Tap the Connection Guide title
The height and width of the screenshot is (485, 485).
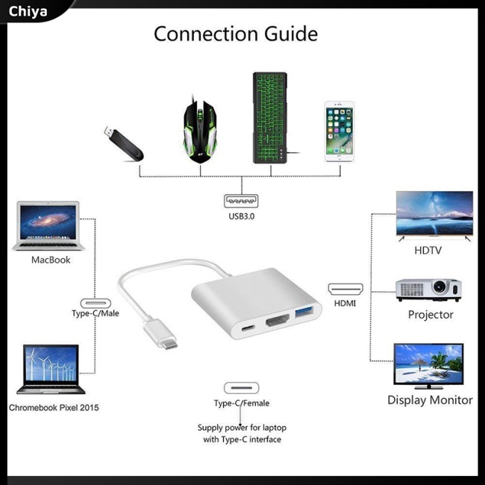[236, 34]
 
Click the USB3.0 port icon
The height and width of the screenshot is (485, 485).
[241, 202]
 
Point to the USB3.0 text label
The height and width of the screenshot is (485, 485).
[241, 218]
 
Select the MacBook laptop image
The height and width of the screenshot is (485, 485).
[46, 226]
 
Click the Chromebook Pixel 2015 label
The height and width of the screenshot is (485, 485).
[54, 408]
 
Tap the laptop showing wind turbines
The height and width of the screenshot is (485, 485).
[50, 369]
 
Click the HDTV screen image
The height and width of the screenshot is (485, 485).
[434, 215]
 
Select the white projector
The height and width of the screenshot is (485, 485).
[428, 290]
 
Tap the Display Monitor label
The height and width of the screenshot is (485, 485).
[430, 400]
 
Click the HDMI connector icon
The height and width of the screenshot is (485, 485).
[345, 288]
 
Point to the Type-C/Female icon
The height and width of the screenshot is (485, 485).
[241, 388]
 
